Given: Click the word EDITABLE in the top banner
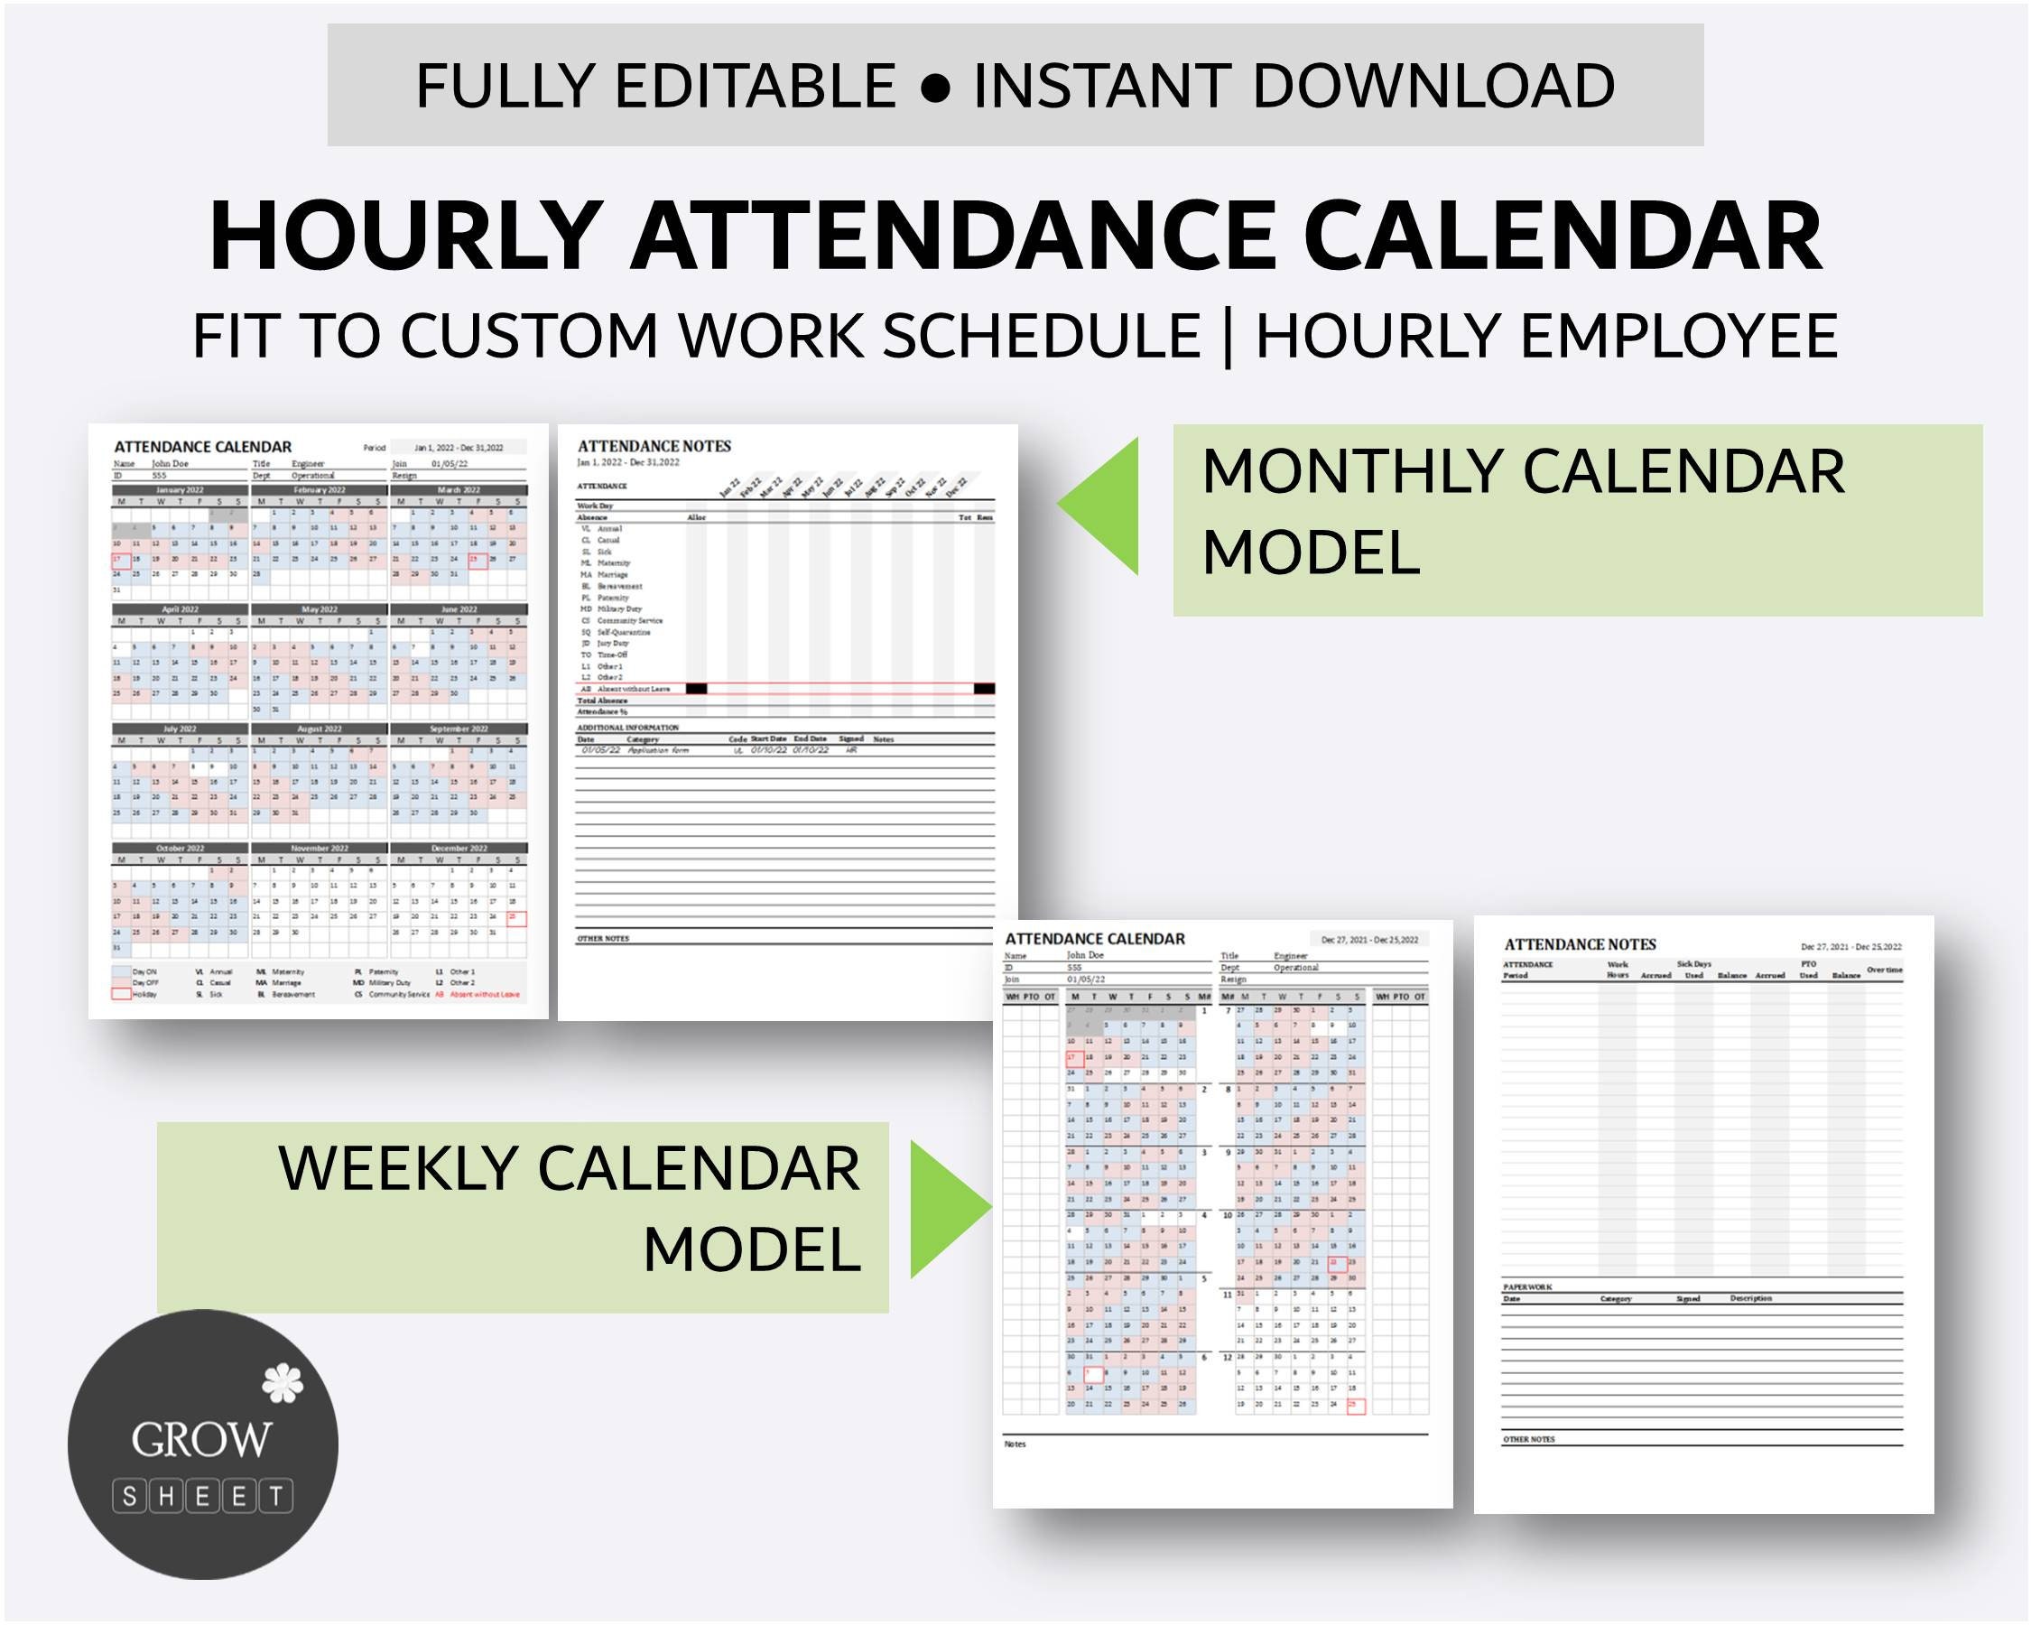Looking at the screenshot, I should pyautogui.click(x=755, y=86).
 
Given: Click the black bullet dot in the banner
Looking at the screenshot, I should pyautogui.click(x=934, y=88).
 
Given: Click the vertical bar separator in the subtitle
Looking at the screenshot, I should pyautogui.click(x=1227, y=337).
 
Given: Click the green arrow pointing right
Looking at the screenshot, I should pyautogui.click(x=947, y=1209).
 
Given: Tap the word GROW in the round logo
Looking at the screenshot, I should pyautogui.click(x=201, y=1439).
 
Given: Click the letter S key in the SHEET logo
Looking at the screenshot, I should pyautogui.click(x=129, y=1495).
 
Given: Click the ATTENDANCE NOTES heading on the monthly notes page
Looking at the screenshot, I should pyautogui.click(x=654, y=447).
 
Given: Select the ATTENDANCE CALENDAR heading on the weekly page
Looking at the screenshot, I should pyautogui.click(x=1095, y=938).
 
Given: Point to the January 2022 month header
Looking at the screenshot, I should pyautogui.click(x=179, y=490).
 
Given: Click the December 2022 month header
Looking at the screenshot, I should pyautogui.click(x=459, y=848).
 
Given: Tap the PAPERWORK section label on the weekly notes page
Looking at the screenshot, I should pyautogui.click(x=1527, y=1286).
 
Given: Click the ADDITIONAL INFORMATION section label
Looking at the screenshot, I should pyautogui.click(x=627, y=728).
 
